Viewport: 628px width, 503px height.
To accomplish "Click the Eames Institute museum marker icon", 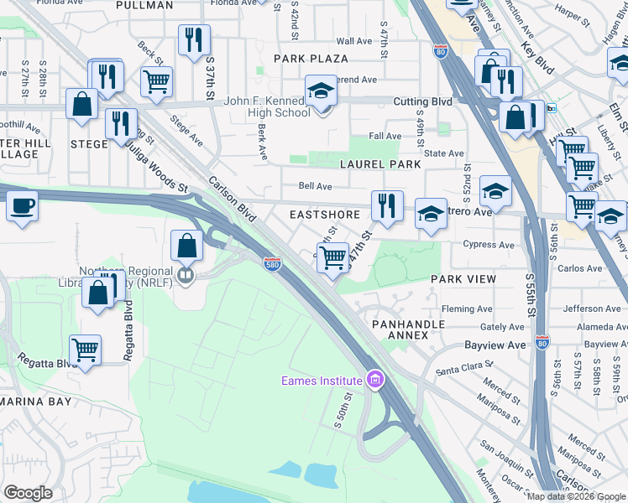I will pyautogui.click(x=375, y=381).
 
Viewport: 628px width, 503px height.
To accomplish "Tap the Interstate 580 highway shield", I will pyautogui.click(x=271, y=263).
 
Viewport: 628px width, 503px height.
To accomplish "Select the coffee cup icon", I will pyautogui.click(x=22, y=205).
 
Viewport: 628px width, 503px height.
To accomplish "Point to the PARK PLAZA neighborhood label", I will pyautogui.click(x=311, y=59).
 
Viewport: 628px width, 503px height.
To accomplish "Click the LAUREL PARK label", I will pyautogui.click(x=379, y=165).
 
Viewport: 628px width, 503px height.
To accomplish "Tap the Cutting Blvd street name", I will pyautogui.click(x=423, y=101).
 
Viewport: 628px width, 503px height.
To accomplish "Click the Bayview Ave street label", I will pyautogui.click(x=496, y=345).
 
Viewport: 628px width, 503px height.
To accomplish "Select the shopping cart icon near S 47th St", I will pyautogui.click(x=333, y=257).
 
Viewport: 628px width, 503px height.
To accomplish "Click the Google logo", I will pyautogui.click(x=28, y=493).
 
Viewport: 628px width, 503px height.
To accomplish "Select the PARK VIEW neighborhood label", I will pyautogui.click(x=463, y=278).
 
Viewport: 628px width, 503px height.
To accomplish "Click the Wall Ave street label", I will pyautogui.click(x=353, y=41).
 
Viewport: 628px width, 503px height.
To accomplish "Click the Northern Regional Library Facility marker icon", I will pyautogui.click(x=186, y=274).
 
